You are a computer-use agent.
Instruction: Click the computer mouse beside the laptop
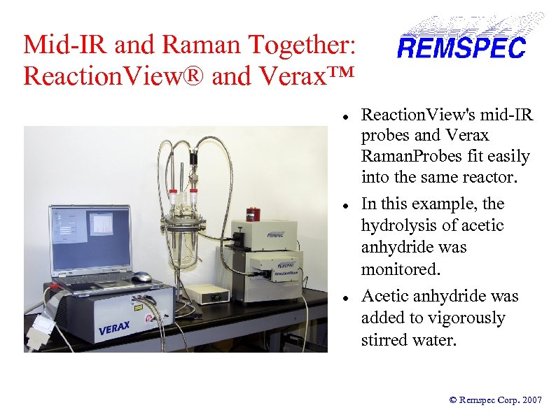[141, 277]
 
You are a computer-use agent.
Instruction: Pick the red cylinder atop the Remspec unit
[253, 213]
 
